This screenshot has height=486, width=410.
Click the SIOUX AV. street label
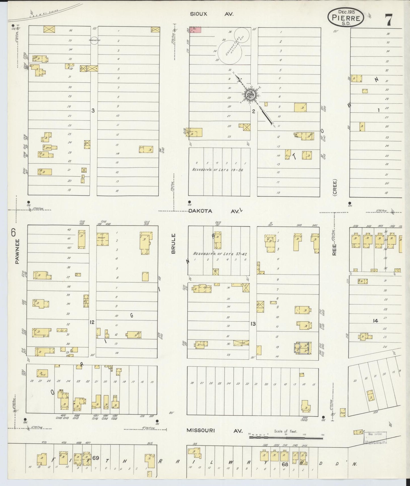(211, 14)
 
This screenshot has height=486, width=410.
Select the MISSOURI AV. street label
(215, 431)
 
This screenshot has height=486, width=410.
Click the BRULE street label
(174, 244)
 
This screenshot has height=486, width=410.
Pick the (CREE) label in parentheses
(335, 187)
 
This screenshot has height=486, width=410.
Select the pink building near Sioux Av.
(195, 30)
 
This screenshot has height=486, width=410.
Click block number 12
(92, 322)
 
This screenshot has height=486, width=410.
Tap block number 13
(253, 323)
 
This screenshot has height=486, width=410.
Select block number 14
(375, 321)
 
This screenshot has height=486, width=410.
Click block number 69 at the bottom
(95, 458)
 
